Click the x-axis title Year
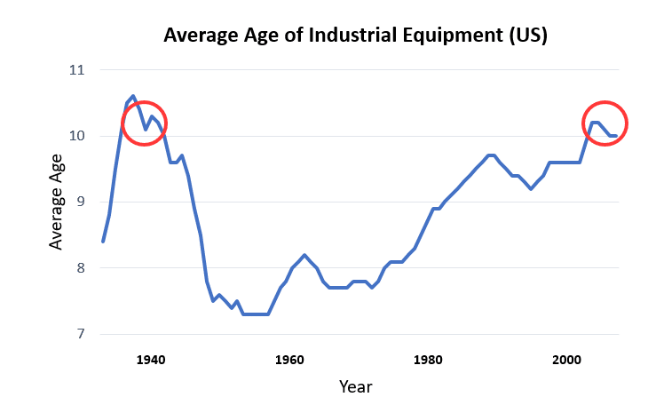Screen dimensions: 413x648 click(355, 387)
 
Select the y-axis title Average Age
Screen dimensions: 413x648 click(55, 203)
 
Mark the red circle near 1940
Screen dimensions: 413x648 click(143, 123)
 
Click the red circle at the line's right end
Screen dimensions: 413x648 click(605, 123)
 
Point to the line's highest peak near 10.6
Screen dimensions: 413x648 click(133, 96)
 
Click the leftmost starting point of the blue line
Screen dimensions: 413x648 click(103, 242)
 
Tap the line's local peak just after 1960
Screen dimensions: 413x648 click(304, 255)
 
